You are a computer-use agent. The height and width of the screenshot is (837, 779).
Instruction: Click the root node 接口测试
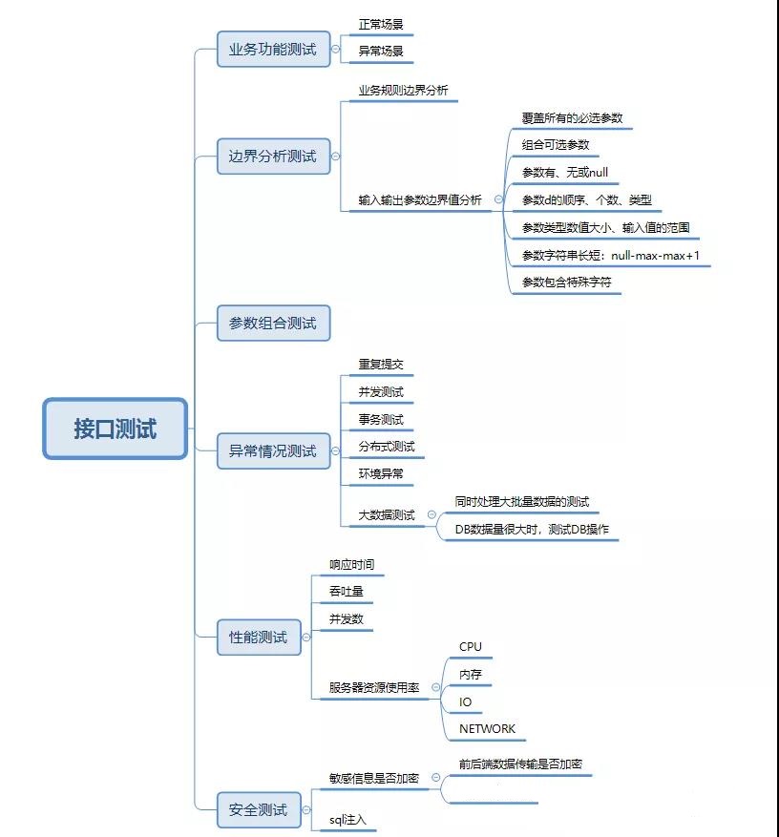click(115, 429)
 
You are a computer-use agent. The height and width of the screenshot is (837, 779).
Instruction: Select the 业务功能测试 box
click(273, 49)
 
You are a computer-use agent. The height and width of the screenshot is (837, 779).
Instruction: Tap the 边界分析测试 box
click(273, 156)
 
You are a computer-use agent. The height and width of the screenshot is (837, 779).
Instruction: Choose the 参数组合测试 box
click(273, 324)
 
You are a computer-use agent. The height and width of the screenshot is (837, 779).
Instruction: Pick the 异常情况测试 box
click(273, 450)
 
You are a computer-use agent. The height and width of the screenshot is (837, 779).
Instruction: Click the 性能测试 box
click(259, 637)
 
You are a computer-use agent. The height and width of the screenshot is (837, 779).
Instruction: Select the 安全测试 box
click(259, 809)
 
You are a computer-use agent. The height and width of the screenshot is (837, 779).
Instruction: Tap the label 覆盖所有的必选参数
click(572, 118)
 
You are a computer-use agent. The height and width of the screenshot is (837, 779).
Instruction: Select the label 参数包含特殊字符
click(566, 282)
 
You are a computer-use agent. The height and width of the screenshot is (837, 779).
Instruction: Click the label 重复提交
click(381, 365)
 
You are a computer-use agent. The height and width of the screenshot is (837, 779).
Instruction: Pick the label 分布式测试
click(387, 447)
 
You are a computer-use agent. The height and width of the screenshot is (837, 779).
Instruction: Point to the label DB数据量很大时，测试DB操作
click(532, 530)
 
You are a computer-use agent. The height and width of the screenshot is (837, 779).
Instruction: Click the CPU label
click(471, 647)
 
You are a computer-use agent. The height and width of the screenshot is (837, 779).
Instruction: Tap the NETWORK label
click(487, 729)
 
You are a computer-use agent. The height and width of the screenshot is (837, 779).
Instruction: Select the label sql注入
click(347, 820)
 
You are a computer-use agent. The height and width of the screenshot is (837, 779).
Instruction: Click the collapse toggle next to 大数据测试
click(432, 514)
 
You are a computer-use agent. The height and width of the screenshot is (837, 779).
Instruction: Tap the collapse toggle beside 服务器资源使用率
click(436, 687)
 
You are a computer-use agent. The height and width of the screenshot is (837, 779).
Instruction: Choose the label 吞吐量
click(346, 592)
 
